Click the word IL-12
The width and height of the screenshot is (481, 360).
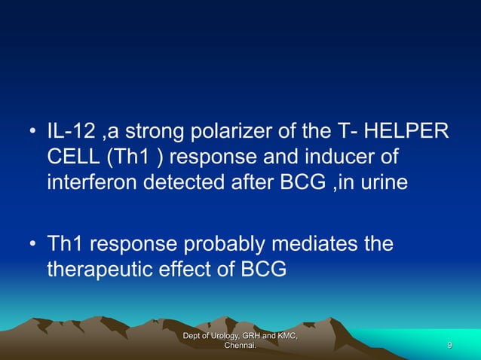[72, 134]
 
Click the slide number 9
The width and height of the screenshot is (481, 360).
[449, 345]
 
